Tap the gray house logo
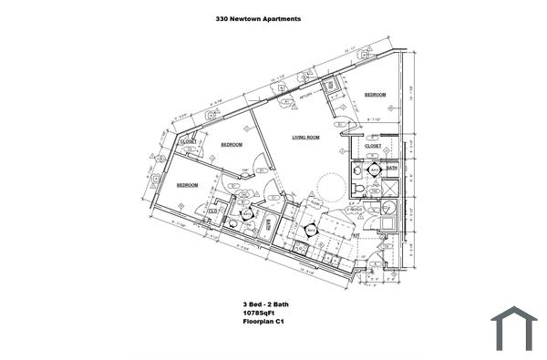click(x=514, y=329)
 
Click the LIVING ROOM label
click(x=305, y=138)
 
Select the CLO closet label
click(x=212, y=211)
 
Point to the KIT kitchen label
click(x=356, y=233)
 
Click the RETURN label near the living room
click(x=306, y=95)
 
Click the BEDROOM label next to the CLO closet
click(x=188, y=186)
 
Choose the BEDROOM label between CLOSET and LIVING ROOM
click(x=232, y=145)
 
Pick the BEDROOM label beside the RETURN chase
click(x=376, y=95)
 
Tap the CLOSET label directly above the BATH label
click(x=373, y=146)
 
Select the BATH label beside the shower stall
click(x=392, y=168)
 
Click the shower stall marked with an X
click(x=391, y=188)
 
